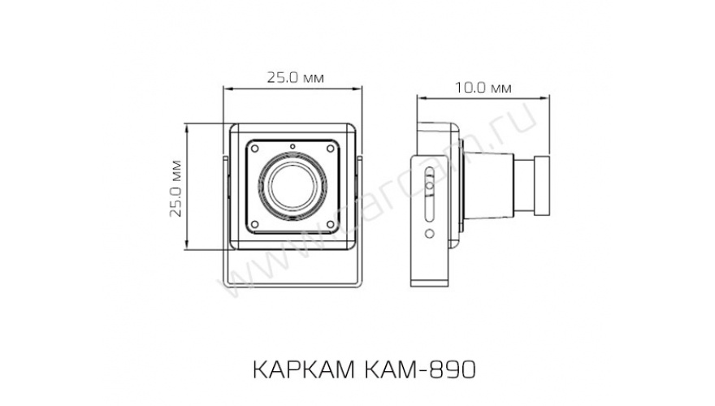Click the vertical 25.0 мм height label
point(174,188)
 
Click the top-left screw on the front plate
point(254,149)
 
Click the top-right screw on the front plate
point(331,149)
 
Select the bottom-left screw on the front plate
point(254,225)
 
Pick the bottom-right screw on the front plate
point(331,225)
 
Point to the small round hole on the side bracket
point(428,233)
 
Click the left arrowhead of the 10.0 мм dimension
point(420,97)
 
